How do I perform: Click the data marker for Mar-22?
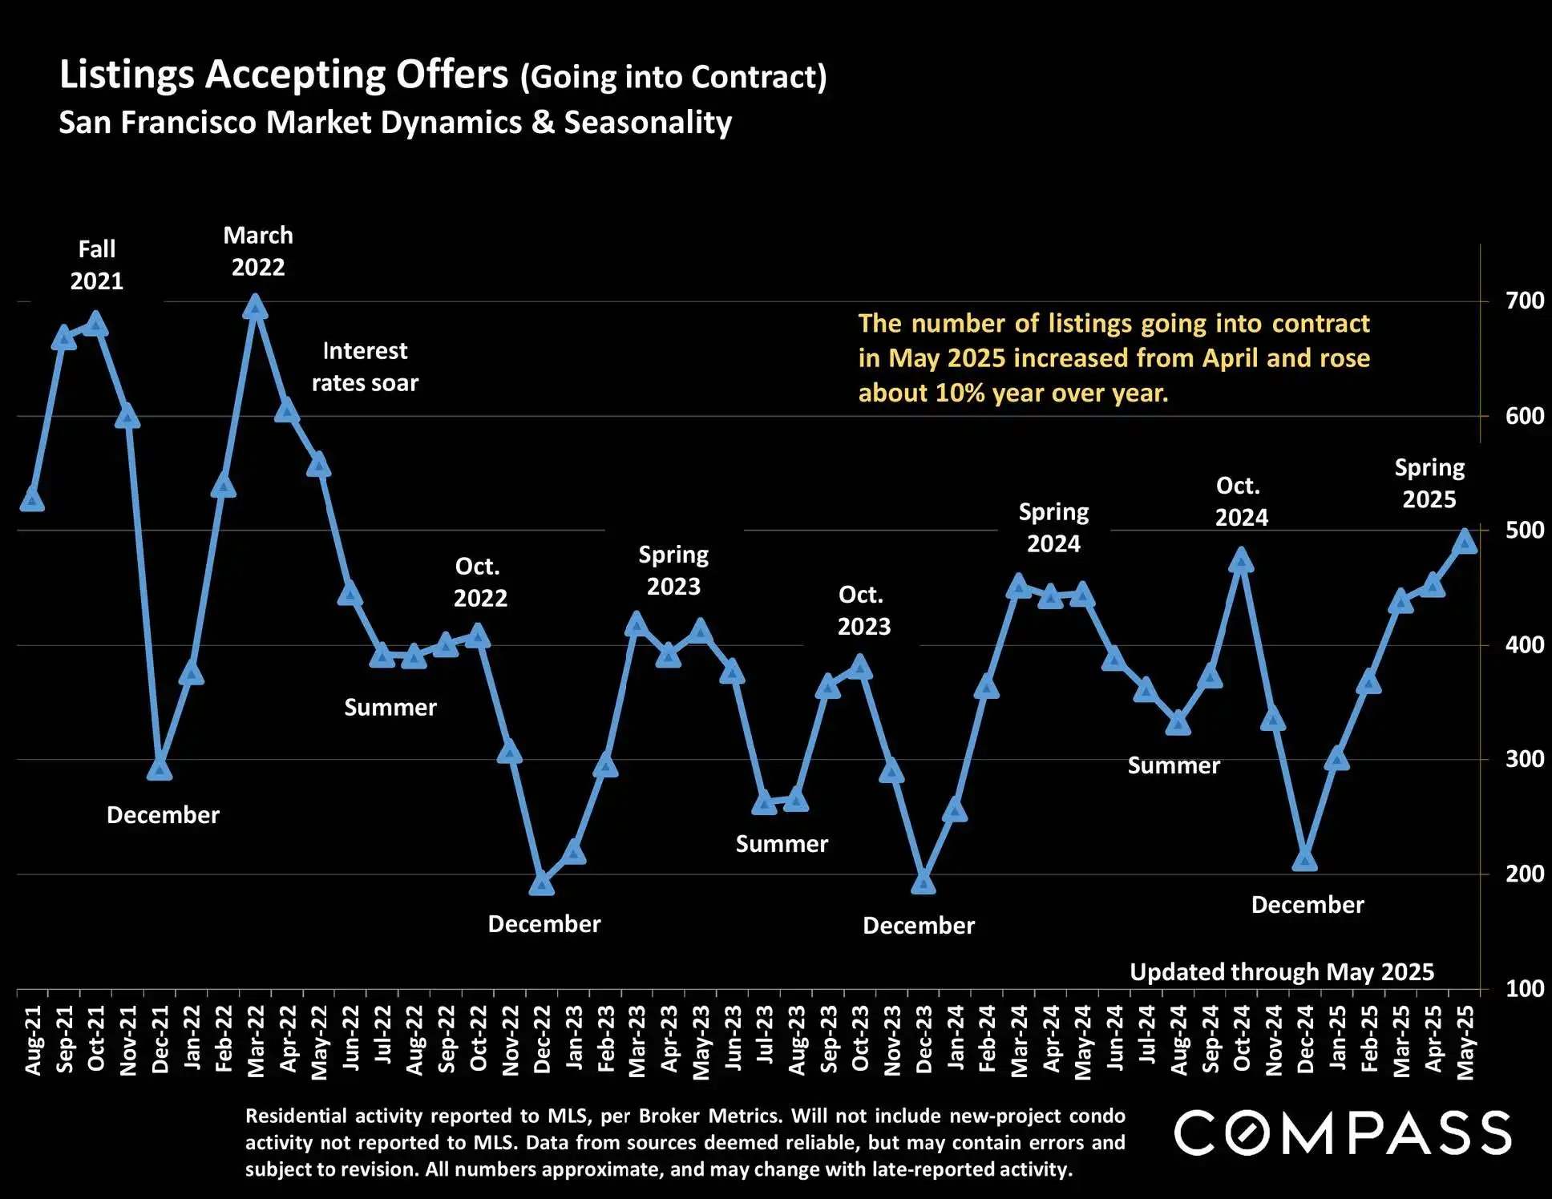(255, 307)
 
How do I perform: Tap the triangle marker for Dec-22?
(542, 883)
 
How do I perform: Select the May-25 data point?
(1465, 542)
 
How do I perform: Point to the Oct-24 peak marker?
(1241, 559)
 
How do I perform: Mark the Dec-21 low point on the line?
(160, 769)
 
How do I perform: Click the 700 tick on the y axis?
(1524, 301)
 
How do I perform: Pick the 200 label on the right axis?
(1524, 874)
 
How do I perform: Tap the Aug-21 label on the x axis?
(33, 1040)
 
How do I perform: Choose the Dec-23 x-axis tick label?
(924, 1040)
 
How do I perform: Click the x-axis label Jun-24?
(1115, 1040)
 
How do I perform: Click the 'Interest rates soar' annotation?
(365, 367)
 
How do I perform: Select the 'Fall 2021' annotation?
(97, 265)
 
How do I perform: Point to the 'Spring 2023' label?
(673, 571)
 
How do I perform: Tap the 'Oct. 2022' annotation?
(480, 583)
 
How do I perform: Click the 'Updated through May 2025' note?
(1281, 972)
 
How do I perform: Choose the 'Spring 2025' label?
(1429, 483)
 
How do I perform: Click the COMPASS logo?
(1343, 1133)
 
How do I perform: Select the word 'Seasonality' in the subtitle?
(648, 123)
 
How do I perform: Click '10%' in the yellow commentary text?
(961, 394)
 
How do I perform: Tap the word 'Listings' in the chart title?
(127, 75)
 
